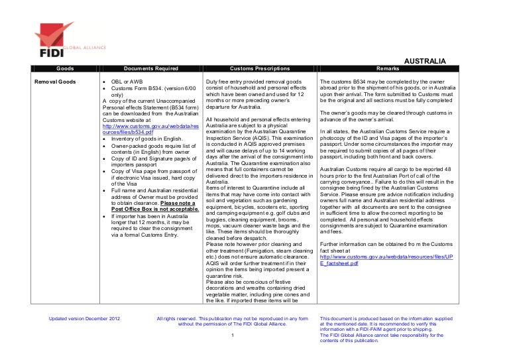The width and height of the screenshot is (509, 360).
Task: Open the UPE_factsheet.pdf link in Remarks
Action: pos(386,259)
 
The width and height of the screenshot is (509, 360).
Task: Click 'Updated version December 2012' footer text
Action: pos(84,319)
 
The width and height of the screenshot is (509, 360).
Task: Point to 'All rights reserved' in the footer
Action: pos(177,319)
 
